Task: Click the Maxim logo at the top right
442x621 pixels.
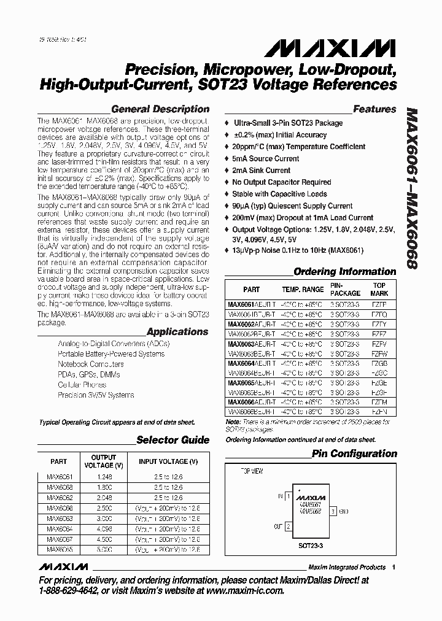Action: pyautogui.click(x=352, y=48)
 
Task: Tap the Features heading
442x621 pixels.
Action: pyautogui.click(x=374, y=109)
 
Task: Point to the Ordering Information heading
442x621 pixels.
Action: pyautogui.click(x=345, y=271)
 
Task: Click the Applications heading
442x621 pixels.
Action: pyautogui.click(x=177, y=331)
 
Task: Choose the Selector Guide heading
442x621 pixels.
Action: pyautogui.click(x=173, y=439)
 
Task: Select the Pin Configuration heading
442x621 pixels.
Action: pyautogui.click(x=354, y=453)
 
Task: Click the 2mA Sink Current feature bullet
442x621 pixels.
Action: pyautogui.click(x=261, y=170)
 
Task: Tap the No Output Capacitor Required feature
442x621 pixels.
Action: pyautogui.click(x=281, y=182)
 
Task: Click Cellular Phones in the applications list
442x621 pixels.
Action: pyautogui.click(x=82, y=385)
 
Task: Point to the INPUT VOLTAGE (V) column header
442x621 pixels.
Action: pyautogui.click(x=168, y=461)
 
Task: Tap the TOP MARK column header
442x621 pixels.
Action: pyautogui.click(x=379, y=289)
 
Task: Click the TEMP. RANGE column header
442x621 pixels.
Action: pyautogui.click(x=302, y=289)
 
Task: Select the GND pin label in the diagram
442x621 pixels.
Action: pyautogui.click(x=343, y=510)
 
